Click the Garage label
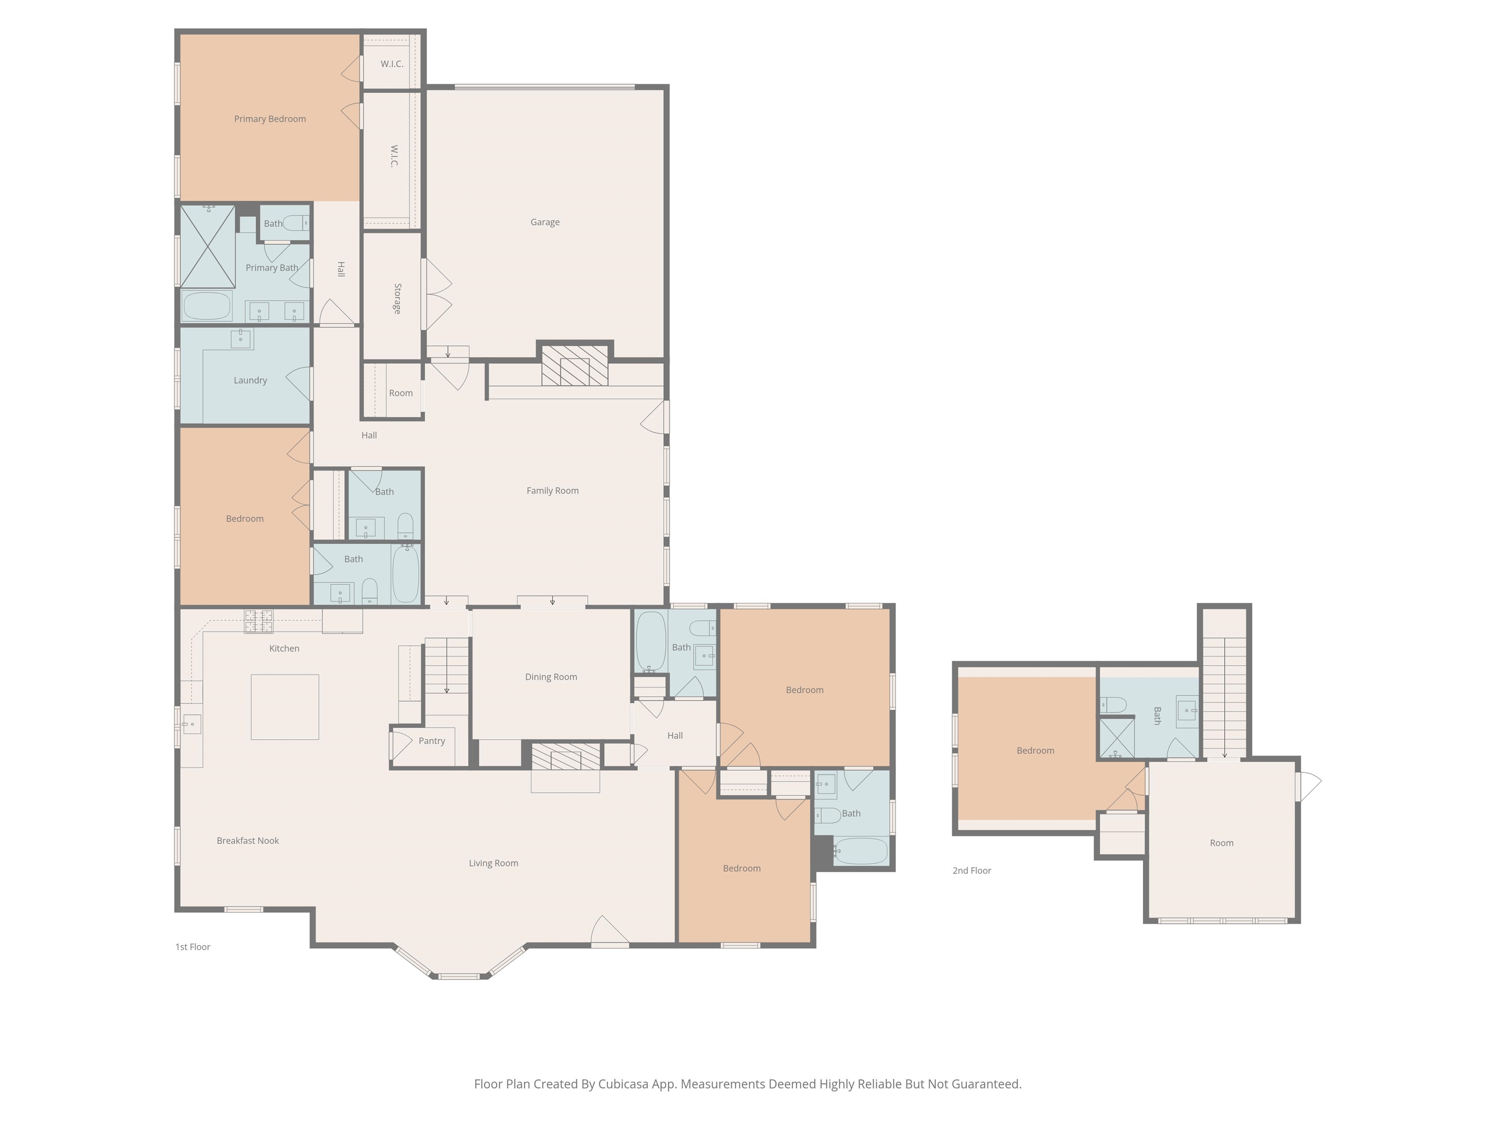pyautogui.click(x=544, y=223)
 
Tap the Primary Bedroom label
pyautogui.click(x=270, y=119)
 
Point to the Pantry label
pyautogui.click(x=431, y=741)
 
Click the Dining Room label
pyautogui.click(x=551, y=677)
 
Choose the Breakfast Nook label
pyautogui.click(x=247, y=841)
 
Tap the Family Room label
pyautogui.click(x=553, y=491)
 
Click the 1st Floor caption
pyautogui.click(x=193, y=947)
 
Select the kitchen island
pyautogui.click(x=285, y=707)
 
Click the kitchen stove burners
pyautogui.click(x=259, y=621)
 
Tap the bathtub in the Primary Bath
pyautogui.click(x=207, y=306)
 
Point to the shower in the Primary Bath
pyautogui.click(x=207, y=247)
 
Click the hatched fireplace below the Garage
pyautogui.click(x=575, y=366)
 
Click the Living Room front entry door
pyautogui.click(x=610, y=931)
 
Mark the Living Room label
pyautogui.click(x=494, y=863)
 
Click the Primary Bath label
pyautogui.click(x=272, y=268)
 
